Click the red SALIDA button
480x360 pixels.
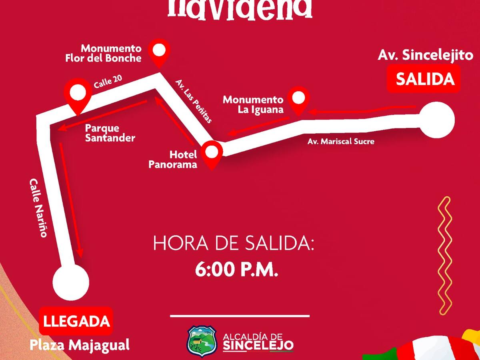coord(425,80)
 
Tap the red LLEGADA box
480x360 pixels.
coord(76,321)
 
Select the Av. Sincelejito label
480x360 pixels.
coord(426,55)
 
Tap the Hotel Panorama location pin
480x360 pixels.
coord(212,153)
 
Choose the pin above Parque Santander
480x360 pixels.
coord(78,94)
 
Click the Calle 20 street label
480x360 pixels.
coord(108,82)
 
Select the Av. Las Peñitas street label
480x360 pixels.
coord(194,101)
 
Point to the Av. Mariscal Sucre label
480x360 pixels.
coord(341,141)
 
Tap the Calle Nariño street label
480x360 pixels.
coord(38,208)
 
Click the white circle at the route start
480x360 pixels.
coord(437,120)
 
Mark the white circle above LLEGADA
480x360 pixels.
coord(71,282)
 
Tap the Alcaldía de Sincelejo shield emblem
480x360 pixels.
coord(202,340)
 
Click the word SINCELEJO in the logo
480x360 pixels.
coord(258,345)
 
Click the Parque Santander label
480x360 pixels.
coord(110,133)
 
